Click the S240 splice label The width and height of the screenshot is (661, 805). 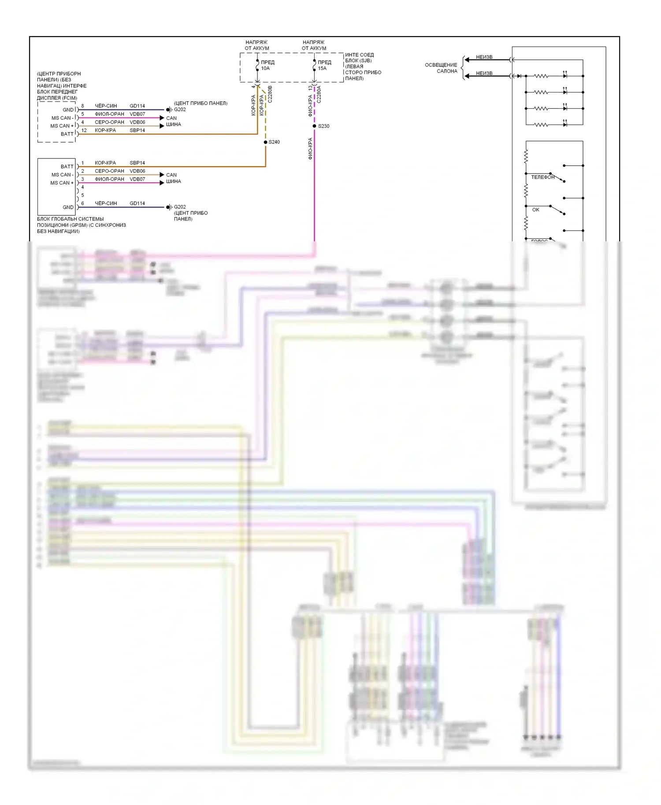coord(274,142)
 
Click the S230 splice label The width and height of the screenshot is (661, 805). coord(323,126)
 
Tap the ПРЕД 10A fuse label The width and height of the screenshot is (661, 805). coord(267,65)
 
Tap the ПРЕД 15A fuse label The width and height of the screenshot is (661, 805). coord(324,65)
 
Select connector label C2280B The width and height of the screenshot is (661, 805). coord(270,94)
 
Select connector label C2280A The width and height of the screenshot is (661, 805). coord(319,94)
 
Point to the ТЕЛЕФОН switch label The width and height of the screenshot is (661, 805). coord(542,177)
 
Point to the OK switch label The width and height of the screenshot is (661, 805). coord(535,210)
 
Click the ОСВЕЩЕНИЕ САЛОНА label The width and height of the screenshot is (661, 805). coord(441,68)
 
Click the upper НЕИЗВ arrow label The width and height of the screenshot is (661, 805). coord(484,57)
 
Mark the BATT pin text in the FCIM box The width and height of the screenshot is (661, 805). coord(67,134)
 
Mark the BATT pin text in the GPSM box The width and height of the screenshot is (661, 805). coord(67,167)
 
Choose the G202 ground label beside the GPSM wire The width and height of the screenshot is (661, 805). coord(180,207)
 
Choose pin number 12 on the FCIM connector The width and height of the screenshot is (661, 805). coord(84,130)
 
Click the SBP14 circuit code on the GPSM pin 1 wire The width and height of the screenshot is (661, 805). coord(137,163)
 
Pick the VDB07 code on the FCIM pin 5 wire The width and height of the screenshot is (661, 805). coord(137,114)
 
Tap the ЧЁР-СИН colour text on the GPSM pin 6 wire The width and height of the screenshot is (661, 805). coord(106,203)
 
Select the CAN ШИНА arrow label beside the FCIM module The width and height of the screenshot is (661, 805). coord(173,122)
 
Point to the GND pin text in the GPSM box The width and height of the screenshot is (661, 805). coord(68,207)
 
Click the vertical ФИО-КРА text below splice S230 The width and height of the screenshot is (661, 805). coord(310,148)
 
